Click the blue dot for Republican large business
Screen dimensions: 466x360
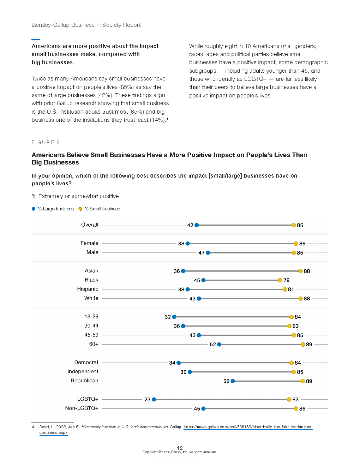click(x=233, y=381)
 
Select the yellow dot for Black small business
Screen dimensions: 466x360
click(x=280, y=280)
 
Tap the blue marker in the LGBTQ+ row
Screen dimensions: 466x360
click(x=154, y=400)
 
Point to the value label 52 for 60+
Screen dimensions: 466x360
click(x=213, y=345)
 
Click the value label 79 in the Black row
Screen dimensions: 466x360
click(x=287, y=280)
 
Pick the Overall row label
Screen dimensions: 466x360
click(x=90, y=225)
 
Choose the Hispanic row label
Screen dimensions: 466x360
click(x=88, y=289)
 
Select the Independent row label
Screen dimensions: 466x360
click(x=83, y=372)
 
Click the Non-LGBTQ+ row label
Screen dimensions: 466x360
click(x=82, y=408)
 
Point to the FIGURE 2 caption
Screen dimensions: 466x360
click(x=46, y=142)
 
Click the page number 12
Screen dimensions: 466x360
click(x=180, y=448)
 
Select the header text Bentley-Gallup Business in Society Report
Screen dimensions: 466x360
click(x=86, y=25)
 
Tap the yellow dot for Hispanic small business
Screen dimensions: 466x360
click(x=284, y=289)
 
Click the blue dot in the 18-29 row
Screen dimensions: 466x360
click(x=174, y=317)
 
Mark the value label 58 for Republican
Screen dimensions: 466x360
click(x=226, y=381)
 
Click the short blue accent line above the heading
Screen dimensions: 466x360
click(x=36, y=39)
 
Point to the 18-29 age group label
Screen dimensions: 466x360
click(x=91, y=317)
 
